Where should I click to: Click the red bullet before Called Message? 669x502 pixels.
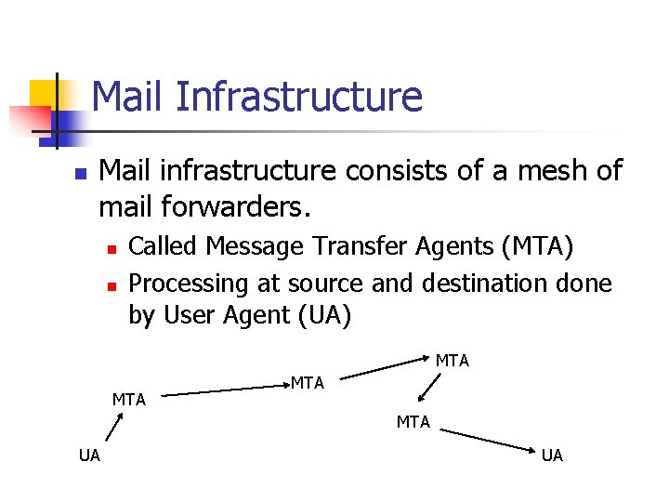click(x=110, y=249)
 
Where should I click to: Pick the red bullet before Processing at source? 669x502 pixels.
click(x=110, y=284)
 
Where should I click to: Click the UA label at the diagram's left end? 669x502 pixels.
click(x=89, y=455)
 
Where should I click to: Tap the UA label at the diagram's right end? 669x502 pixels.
click(x=552, y=455)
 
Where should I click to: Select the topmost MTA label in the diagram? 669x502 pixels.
click(x=453, y=361)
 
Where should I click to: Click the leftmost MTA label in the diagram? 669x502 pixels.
click(x=129, y=400)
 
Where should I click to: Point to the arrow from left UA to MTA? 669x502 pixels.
click(x=113, y=428)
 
